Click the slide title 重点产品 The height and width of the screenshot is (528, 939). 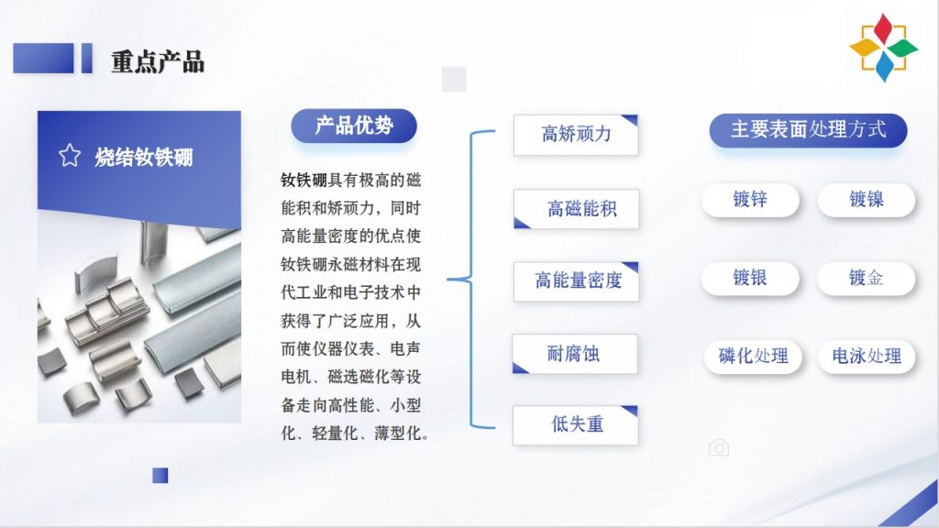[x=157, y=61]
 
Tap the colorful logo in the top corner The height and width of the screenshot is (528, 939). [x=882, y=48]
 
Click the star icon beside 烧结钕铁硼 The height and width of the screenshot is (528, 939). [x=70, y=156]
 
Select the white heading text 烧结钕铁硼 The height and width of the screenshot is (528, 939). [x=144, y=158]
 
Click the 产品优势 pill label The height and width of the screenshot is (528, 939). [x=353, y=126]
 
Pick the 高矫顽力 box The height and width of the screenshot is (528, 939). [x=576, y=135]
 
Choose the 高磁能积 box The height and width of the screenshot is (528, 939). [x=576, y=209]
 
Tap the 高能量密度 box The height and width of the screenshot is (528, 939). [x=576, y=280]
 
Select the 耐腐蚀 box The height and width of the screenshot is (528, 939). [x=575, y=354]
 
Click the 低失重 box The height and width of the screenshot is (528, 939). [x=576, y=425]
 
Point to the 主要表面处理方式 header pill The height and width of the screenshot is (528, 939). [x=808, y=129]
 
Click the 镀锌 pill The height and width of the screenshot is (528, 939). [x=750, y=200]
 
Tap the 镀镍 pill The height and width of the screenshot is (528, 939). [x=867, y=200]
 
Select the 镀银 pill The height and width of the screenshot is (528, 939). [x=750, y=278]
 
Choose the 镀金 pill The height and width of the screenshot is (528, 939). [x=867, y=278]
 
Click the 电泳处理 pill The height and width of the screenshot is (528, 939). [x=867, y=356]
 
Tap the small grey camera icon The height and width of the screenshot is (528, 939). [x=719, y=448]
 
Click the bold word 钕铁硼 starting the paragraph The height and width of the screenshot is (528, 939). [x=304, y=181]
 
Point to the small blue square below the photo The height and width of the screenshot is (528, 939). [x=160, y=475]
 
